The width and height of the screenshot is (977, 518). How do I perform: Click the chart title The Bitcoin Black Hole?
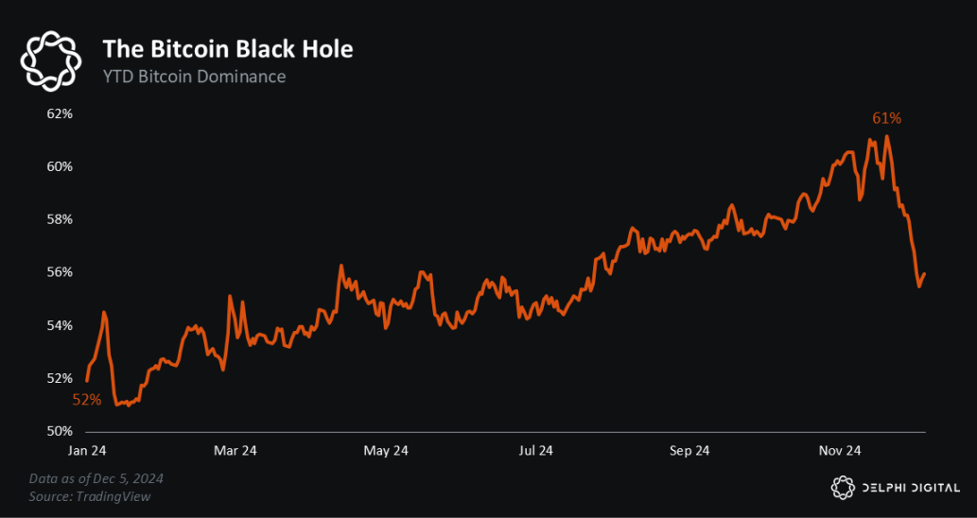(x=227, y=48)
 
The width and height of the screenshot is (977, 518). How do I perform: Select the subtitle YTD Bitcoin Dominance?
(x=194, y=77)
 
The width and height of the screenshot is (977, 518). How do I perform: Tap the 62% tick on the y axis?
(x=60, y=113)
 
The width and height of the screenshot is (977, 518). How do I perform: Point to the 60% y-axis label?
(x=60, y=166)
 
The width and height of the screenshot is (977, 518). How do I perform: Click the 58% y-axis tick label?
(x=60, y=219)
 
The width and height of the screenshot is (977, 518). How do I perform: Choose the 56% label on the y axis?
(x=60, y=272)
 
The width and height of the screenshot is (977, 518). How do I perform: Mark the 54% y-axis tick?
(x=60, y=325)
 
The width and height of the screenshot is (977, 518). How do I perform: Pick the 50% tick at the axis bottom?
(x=60, y=431)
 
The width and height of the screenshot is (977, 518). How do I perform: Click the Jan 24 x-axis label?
(x=88, y=451)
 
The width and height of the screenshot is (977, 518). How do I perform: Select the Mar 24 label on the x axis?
(x=236, y=451)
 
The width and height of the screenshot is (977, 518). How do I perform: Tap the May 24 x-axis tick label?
(x=386, y=451)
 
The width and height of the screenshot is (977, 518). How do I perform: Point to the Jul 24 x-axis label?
(x=535, y=451)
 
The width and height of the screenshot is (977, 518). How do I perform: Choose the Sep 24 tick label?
(x=689, y=451)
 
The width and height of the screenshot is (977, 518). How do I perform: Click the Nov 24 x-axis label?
(x=839, y=451)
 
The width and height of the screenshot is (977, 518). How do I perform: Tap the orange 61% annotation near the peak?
(x=886, y=119)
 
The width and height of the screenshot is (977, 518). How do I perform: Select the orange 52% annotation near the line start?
(x=87, y=400)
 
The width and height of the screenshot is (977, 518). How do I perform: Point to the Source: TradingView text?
(x=89, y=496)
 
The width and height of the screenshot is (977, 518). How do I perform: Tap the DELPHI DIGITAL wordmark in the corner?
(x=911, y=487)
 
